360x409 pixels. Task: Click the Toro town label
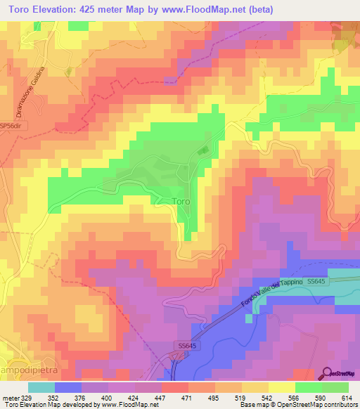coord(181,201)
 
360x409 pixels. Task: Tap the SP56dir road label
coord(12,126)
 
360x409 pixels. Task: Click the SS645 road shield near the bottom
coord(181,346)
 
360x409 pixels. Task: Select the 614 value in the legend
coord(346,397)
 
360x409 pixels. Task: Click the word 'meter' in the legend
coord(10,397)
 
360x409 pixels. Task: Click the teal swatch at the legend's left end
coord(41,387)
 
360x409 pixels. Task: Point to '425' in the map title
coord(96,9)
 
